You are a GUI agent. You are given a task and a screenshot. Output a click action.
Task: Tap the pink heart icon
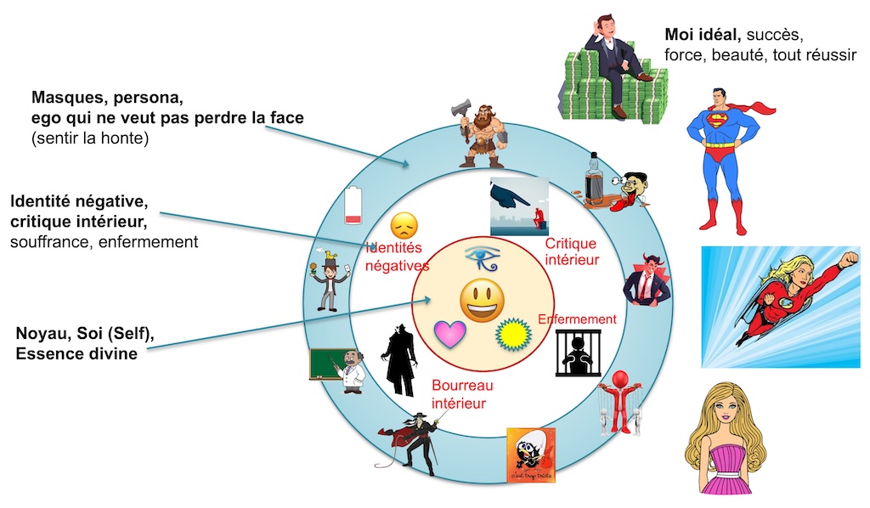pos(450,334)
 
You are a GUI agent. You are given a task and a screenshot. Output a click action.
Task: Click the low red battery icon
pos(354,206)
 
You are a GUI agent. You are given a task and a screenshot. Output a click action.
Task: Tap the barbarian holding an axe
pos(482,137)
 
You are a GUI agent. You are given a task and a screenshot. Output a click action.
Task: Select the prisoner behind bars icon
pos(577,353)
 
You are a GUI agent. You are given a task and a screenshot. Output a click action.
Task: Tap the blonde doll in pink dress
pos(725,443)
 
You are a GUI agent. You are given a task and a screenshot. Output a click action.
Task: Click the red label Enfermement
pos(577,319)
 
